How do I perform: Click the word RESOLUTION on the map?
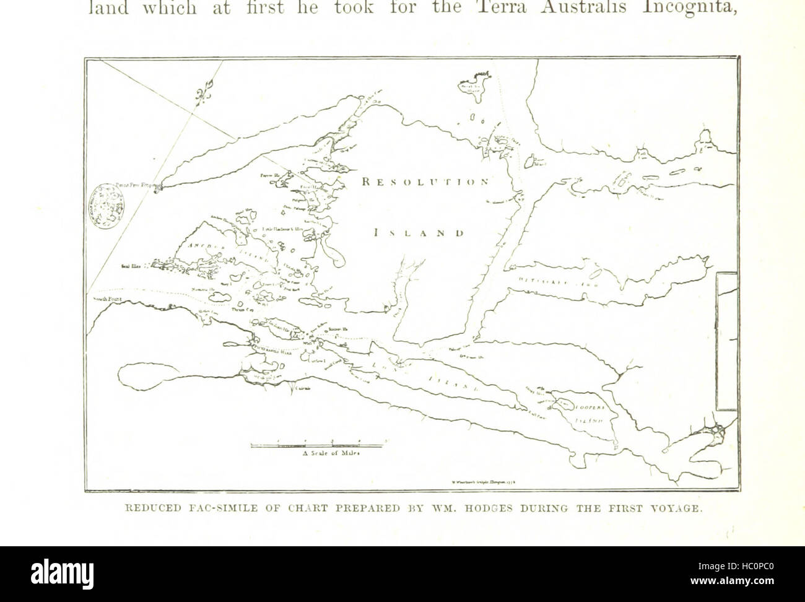point(426,182)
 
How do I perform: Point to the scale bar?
point(317,444)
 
